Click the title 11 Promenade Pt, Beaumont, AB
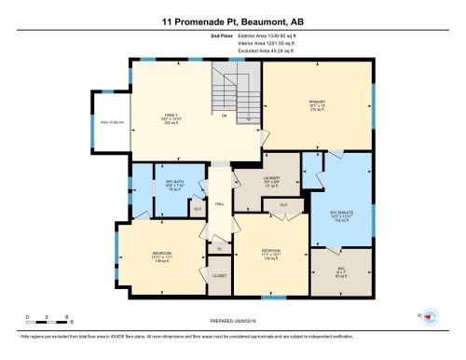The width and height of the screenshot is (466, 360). [x=232, y=20]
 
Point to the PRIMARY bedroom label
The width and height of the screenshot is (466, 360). [x=316, y=105]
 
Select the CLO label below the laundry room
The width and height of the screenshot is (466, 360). [x=283, y=203]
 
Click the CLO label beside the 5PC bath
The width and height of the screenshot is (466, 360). [x=197, y=209]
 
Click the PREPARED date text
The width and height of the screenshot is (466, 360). [x=232, y=323]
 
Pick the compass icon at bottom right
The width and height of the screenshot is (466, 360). [x=429, y=318]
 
